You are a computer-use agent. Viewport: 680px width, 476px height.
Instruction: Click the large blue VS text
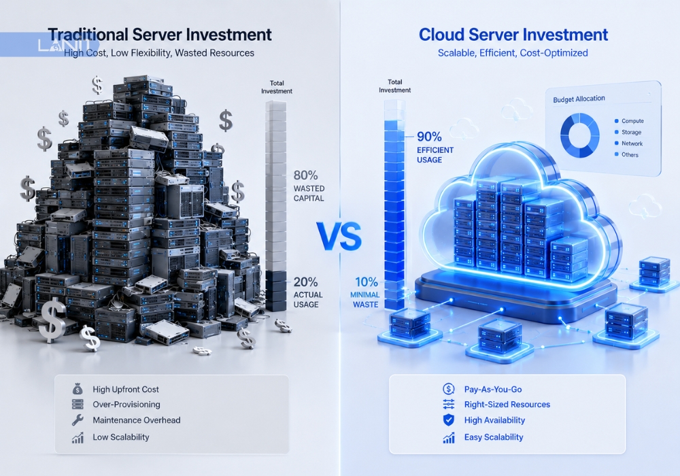pos(339,237)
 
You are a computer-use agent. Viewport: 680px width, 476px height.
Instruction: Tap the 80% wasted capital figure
pos(306,175)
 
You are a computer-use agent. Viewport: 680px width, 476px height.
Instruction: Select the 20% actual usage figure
pos(306,282)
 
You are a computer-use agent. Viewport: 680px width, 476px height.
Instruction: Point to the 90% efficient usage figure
pos(429,137)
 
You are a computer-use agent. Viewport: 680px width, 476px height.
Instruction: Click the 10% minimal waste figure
pos(367,282)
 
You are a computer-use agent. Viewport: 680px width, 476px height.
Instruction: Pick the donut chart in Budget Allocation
pos(580,135)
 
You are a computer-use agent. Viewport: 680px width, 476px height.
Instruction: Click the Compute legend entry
pos(629,121)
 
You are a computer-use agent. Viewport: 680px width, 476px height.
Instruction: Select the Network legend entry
pos(628,143)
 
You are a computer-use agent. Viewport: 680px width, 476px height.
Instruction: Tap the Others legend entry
pos(626,155)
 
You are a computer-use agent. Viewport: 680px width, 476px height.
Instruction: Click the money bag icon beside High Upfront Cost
pos(78,389)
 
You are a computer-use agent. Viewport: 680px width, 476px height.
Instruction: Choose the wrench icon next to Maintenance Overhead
pos(78,420)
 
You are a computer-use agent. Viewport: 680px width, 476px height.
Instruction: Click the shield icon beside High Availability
pos(448,420)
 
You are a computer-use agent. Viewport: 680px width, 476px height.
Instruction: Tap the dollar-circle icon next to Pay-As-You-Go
pos(448,389)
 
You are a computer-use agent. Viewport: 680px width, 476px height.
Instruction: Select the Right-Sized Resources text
pos(507,405)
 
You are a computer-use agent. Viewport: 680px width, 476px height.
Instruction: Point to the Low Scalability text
pos(120,437)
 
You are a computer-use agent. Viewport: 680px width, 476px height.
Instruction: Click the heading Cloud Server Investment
pos(513,35)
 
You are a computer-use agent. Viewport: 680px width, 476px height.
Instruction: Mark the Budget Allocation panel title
pos(579,99)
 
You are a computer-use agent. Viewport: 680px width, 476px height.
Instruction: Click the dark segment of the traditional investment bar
pos(276,291)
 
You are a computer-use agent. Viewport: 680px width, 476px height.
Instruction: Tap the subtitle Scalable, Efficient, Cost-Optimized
pos(513,53)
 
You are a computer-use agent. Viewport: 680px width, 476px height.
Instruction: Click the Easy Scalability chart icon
pos(449,437)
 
